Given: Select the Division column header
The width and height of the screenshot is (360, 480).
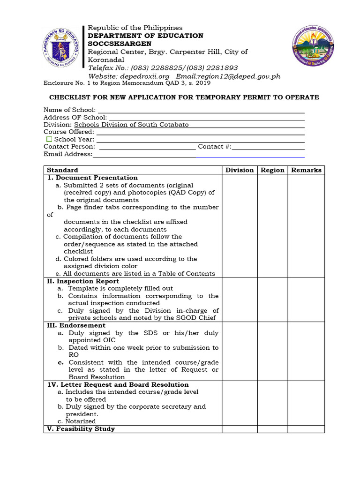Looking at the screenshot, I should pyautogui.click(x=239, y=170).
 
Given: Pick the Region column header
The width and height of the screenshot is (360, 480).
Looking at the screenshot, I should pyautogui.click(x=272, y=170).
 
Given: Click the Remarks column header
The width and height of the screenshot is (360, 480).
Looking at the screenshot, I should pyautogui.click(x=306, y=170).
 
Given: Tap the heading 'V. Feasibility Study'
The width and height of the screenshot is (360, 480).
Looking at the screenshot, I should pyautogui.click(x=81, y=429).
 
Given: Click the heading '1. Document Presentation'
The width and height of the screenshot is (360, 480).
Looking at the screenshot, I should pyautogui.click(x=92, y=178).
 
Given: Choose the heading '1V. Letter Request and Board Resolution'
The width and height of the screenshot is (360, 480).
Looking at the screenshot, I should pyautogui.click(x=112, y=384).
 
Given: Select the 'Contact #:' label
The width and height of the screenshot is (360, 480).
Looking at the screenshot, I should pyautogui.click(x=214, y=147).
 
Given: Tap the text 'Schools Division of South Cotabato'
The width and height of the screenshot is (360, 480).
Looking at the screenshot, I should pyautogui.click(x=131, y=125).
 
